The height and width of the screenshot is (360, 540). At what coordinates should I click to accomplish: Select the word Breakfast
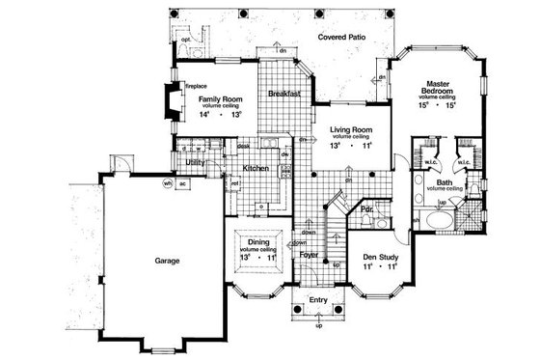tap(284, 94)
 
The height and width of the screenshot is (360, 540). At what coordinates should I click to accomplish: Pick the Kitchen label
tap(256, 169)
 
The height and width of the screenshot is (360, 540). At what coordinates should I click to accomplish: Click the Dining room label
tap(259, 244)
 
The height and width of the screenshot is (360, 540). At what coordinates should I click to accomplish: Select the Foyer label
tap(309, 256)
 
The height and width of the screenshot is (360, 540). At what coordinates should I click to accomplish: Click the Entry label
tap(320, 299)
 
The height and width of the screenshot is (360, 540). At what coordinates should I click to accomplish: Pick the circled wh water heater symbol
tap(167, 183)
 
